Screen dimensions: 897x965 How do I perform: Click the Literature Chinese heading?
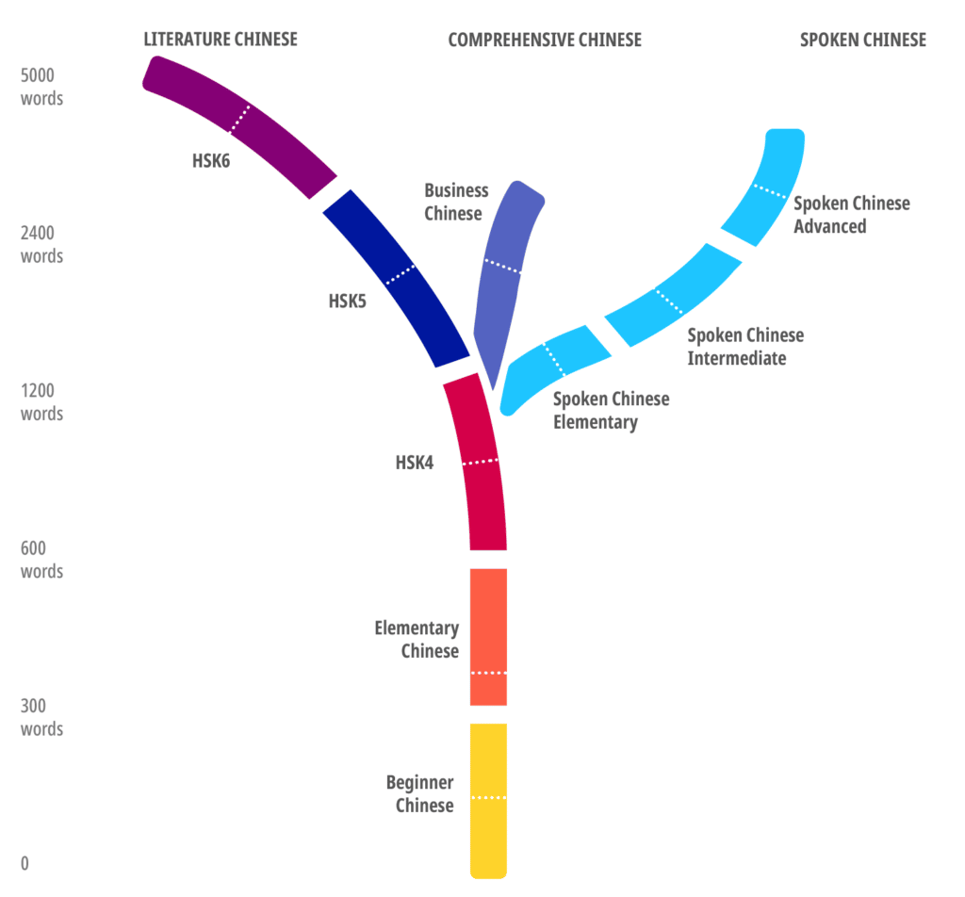(x=220, y=39)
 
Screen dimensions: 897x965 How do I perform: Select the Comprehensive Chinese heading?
(x=544, y=40)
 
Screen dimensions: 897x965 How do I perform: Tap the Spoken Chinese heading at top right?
(x=862, y=40)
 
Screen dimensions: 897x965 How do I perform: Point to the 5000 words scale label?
(x=41, y=87)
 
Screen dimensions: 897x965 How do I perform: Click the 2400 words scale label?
(x=41, y=244)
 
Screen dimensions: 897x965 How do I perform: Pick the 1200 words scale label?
(x=41, y=401)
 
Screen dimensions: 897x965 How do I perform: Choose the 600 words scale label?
(x=41, y=560)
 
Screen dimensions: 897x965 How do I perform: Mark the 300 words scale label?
(x=41, y=717)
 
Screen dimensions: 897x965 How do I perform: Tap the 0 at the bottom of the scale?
(x=25, y=863)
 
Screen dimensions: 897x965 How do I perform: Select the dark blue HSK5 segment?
(x=396, y=279)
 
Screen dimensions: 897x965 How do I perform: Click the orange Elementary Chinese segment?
(x=488, y=636)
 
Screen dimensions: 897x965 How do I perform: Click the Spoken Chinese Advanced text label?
(x=851, y=215)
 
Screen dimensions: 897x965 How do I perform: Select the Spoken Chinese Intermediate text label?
(x=744, y=347)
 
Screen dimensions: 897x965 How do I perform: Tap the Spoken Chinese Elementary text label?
(x=611, y=410)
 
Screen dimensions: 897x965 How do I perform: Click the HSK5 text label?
(x=347, y=302)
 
